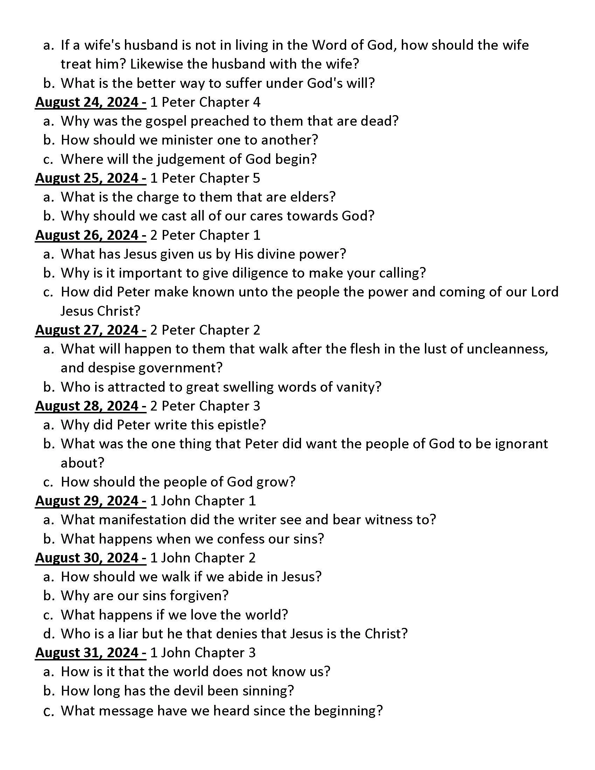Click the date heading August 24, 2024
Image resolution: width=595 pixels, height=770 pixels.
pyautogui.click(x=91, y=102)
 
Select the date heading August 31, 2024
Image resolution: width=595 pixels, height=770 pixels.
pyautogui.click(x=91, y=653)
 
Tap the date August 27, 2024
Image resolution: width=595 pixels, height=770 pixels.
pyautogui.click(x=91, y=330)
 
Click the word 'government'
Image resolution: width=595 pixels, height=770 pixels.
pyautogui.click(x=180, y=368)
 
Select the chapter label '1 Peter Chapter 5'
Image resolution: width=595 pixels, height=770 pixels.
pyautogui.click(x=205, y=178)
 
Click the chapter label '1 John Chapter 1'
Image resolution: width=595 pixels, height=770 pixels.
pyautogui.click(x=203, y=501)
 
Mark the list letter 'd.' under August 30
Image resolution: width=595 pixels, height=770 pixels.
pyautogui.click(x=49, y=634)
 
